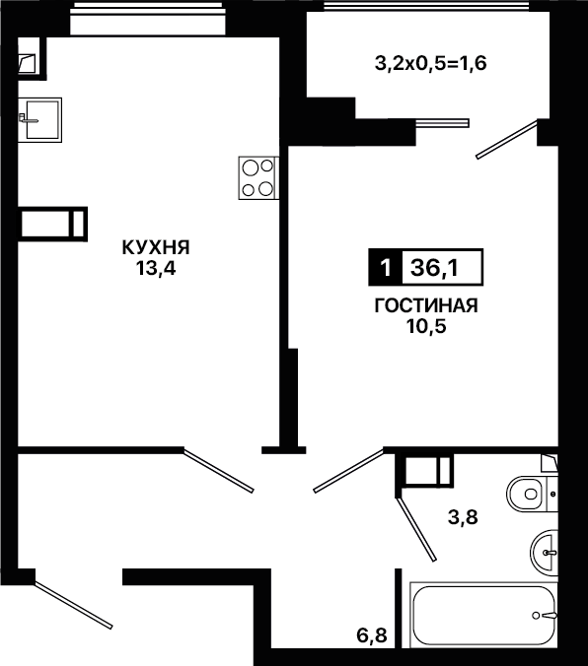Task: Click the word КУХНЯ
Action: point(156,247)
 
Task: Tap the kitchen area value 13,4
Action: point(156,268)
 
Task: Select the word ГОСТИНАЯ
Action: point(426,305)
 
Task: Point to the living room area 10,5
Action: point(426,326)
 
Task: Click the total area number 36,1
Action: point(434,268)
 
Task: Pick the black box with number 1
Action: point(386,267)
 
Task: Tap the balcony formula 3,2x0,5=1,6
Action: point(430,64)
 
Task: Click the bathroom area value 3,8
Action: point(463,517)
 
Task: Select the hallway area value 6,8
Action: point(372,635)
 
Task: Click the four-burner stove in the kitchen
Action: point(258,178)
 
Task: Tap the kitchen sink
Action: point(40,120)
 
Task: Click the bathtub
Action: point(483,615)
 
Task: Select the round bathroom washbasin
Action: point(544,553)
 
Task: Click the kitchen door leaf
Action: point(219,471)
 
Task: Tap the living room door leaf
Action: point(349,471)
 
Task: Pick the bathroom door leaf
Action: point(416,529)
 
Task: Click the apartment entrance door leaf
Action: point(73,605)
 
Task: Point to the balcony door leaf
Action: point(506,140)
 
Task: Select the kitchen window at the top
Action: point(148,19)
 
